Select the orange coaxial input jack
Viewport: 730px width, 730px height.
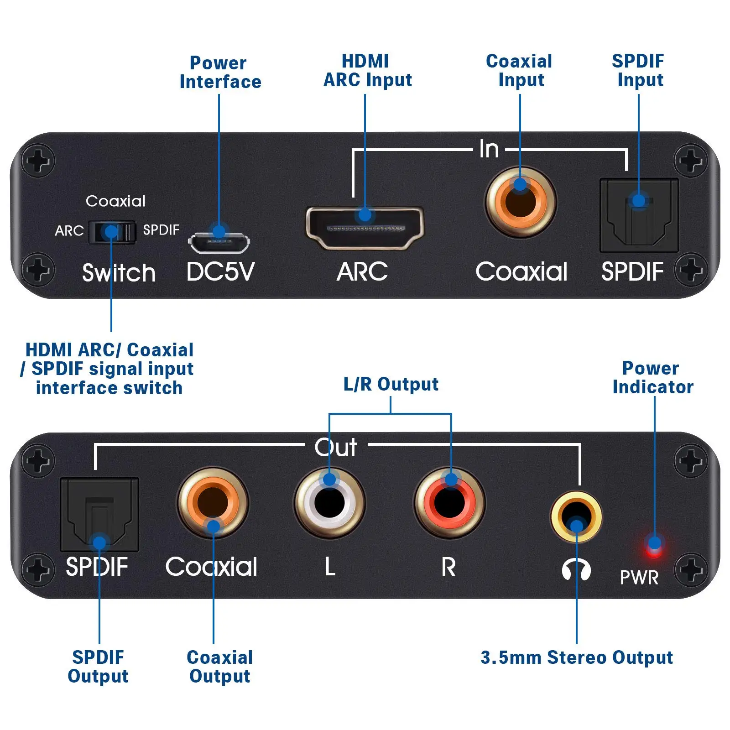[521, 202]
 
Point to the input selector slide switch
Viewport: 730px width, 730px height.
[112, 232]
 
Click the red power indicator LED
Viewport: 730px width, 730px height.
[654, 547]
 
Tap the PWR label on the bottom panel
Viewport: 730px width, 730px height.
[639, 578]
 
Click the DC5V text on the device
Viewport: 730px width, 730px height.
[220, 272]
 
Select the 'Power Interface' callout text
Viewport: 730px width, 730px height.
[220, 73]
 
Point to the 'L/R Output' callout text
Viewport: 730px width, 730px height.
[391, 384]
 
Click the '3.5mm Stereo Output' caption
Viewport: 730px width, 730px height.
[576, 657]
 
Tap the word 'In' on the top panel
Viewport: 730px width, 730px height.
[489, 149]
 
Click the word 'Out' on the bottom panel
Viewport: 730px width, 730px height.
[336, 447]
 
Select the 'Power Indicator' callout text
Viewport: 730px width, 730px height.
[652, 377]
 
